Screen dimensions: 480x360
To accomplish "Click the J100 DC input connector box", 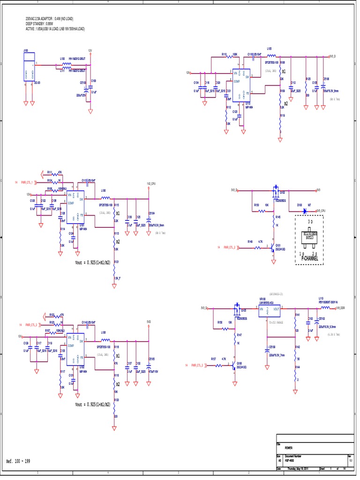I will point(29,67).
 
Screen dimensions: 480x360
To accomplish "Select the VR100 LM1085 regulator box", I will point(270,310).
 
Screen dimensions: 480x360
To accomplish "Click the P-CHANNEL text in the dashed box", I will point(310,259).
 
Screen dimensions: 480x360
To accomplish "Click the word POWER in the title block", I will point(288,447).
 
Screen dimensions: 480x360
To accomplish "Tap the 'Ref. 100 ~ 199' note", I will point(18,461).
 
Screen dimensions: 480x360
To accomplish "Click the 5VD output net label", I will point(149,322).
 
